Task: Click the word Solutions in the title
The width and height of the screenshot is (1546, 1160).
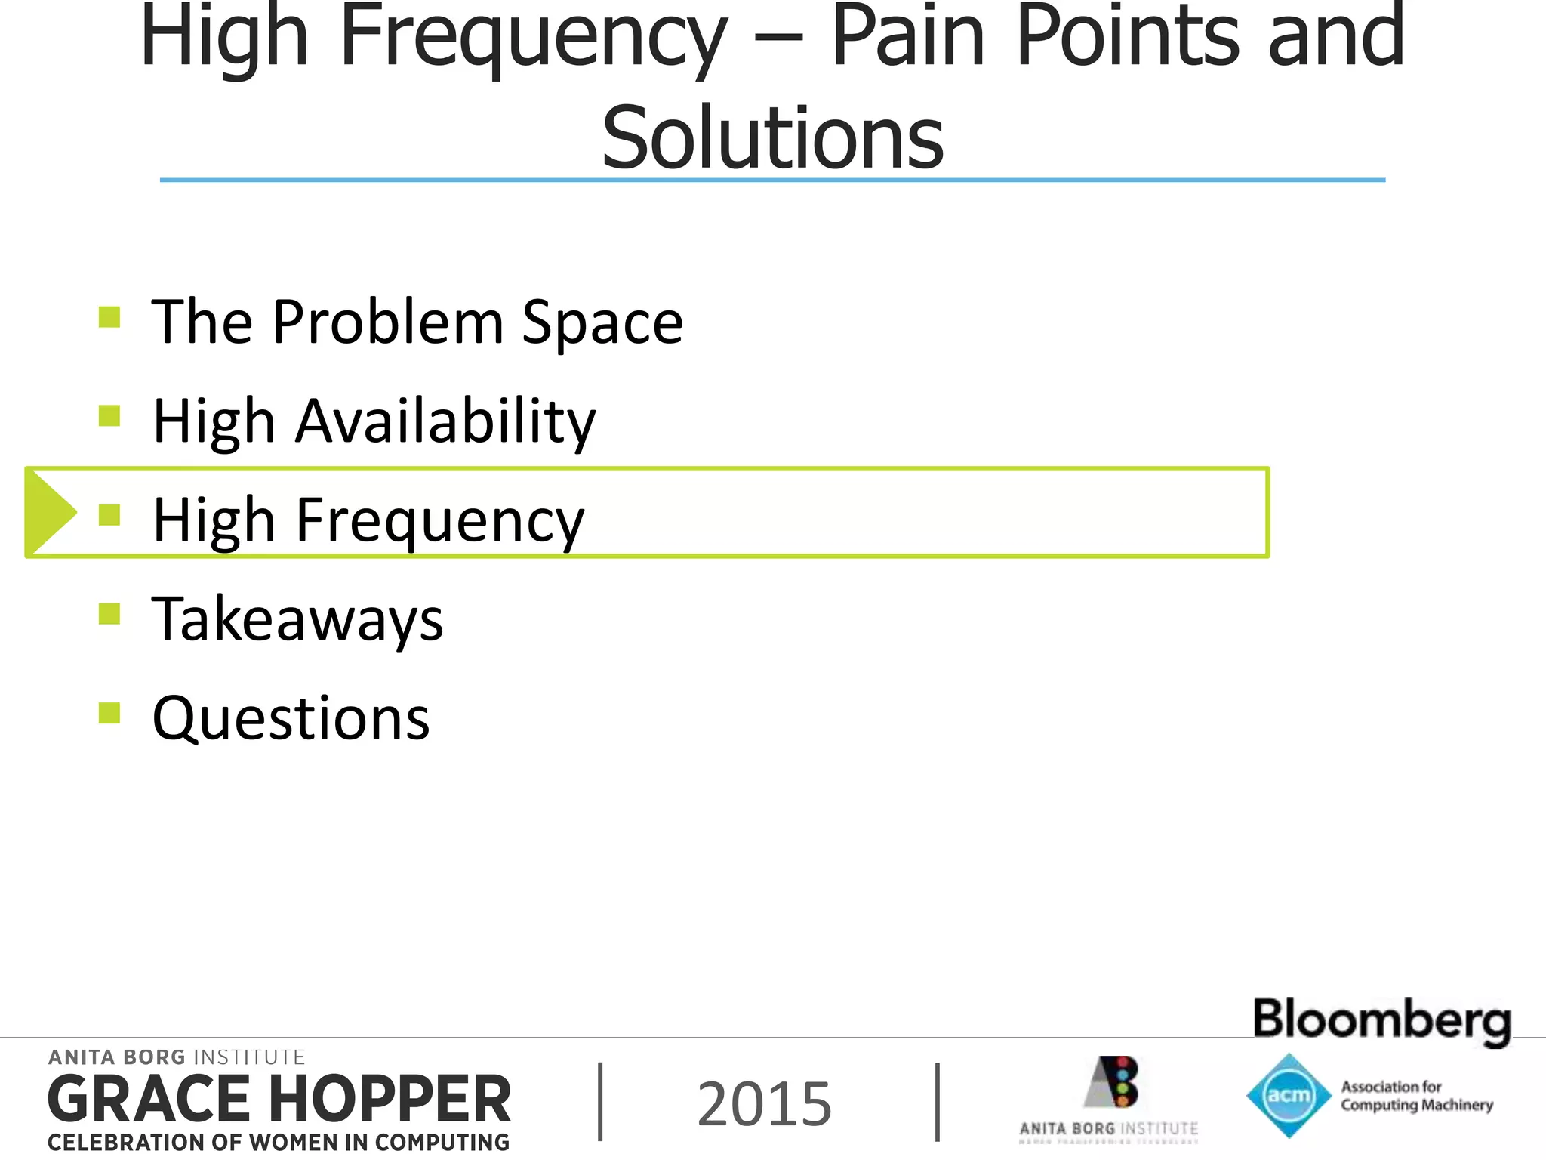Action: (772, 137)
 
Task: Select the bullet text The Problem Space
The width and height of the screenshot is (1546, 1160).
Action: (417, 322)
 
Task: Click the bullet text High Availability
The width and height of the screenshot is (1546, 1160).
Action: (374, 421)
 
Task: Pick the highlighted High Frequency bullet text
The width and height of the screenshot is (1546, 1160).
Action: (368, 520)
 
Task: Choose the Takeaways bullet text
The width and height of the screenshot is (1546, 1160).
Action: (297, 619)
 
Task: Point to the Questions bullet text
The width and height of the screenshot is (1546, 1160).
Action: (291, 717)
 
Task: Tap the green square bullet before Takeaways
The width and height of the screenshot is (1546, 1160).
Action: (109, 613)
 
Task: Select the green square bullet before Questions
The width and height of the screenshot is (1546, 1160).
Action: (109, 712)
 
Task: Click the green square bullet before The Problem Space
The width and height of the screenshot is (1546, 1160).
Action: (109, 316)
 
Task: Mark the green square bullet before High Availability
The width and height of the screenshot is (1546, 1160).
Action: (109, 415)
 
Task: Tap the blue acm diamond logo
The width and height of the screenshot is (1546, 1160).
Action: (1288, 1095)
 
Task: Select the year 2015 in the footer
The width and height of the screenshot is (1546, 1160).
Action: (764, 1104)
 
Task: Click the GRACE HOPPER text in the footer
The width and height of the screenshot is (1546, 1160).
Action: (279, 1100)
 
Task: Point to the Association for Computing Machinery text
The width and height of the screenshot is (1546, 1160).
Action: (1416, 1096)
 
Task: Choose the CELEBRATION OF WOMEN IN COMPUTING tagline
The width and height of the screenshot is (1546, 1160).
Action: (279, 1143)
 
